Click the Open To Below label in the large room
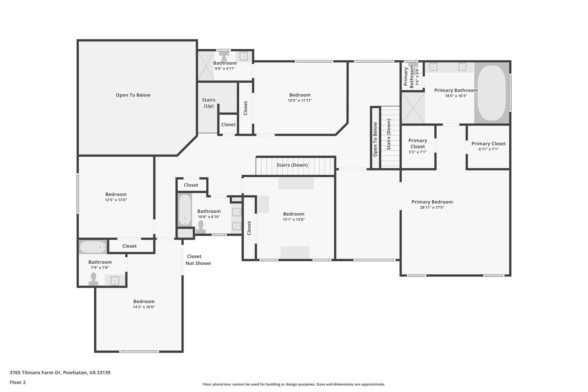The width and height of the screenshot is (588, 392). tap(133, 95)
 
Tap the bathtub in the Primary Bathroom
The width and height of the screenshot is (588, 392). tap(492, 93)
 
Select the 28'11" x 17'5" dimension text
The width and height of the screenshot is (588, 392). tap(432, 207)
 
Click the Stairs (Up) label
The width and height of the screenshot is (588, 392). tap(208, 103)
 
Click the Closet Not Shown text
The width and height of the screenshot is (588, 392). tap(198, 260)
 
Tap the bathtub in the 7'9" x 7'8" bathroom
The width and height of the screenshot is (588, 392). tap(93, 247)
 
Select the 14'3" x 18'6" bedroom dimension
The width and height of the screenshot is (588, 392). tap(144, 307)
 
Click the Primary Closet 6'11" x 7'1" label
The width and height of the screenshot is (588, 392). tap(488, 146)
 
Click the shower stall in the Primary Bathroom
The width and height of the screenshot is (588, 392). tap(413, 108)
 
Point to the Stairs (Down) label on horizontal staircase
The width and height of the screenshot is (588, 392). tap(292, 165)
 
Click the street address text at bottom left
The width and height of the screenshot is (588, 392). tap(60, 372)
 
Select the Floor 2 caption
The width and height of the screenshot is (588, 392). tap(18, 382)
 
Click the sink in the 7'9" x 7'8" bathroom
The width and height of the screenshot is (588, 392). tap(115, 281)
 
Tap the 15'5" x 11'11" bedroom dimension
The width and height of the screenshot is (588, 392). tap(300, 101)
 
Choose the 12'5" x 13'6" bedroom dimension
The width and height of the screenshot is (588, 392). tap(116, 200)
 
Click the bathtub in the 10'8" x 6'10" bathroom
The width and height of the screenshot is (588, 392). tap(185, 210)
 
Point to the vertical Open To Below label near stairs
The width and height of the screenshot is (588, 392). tap(375, 139)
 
